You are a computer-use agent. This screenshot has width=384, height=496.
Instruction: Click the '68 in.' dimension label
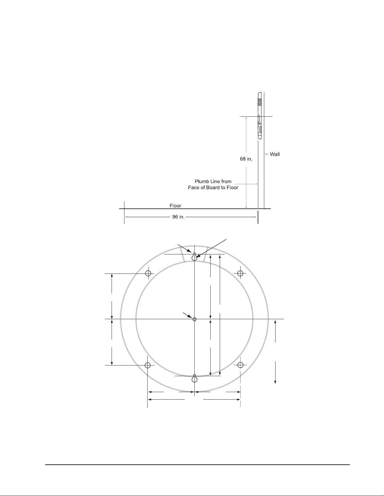click(x=246, y=159)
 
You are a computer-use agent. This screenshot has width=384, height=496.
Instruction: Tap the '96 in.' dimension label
click(x=178, y=217)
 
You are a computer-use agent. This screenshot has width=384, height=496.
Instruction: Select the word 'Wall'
click(x=275, y=154)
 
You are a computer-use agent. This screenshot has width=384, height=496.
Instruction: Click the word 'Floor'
click(x=175, y=206)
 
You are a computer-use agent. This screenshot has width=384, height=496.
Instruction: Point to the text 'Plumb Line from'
click(x=213, y=182)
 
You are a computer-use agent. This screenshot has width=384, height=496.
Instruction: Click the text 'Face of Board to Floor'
click(x=213, y=187)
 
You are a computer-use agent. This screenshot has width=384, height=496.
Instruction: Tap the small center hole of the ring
click(x=195, y=319)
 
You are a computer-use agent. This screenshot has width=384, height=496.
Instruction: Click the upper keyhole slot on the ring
click(x=194, y=257)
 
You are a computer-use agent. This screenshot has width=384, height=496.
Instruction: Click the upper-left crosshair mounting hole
click(x=148, y=273)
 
